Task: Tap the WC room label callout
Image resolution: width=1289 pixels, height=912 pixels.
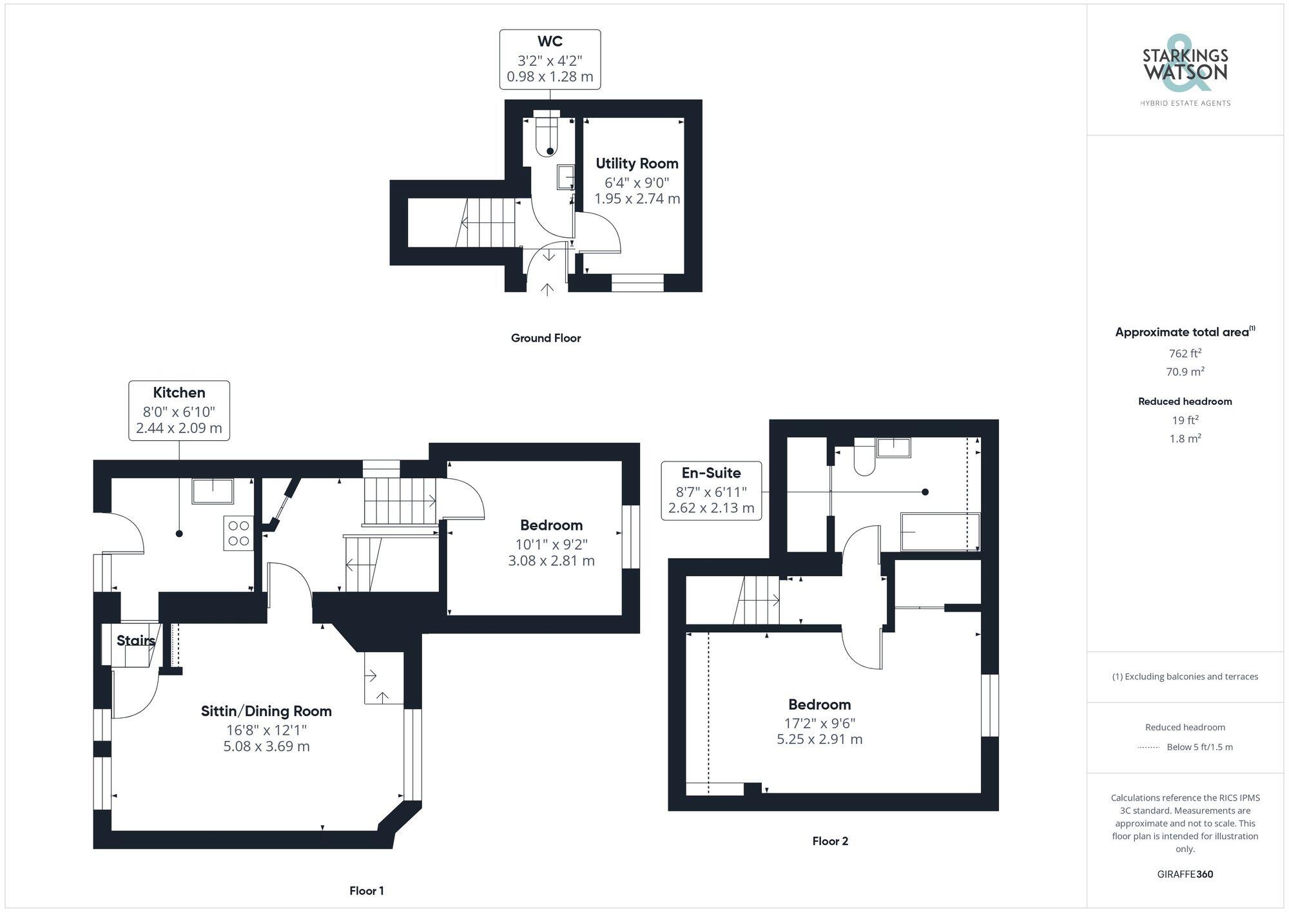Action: click(x=550, y=59)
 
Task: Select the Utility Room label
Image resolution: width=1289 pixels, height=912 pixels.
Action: click(x=637, y=164)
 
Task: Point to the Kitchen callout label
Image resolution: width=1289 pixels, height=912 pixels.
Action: click(x=179, y=411)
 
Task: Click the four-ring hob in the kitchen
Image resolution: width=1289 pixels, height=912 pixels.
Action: click(x=238, y=534)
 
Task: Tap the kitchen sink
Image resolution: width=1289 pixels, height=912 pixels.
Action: click(x=213, y=491)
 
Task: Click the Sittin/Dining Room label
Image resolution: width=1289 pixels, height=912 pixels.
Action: click(x=266, y=712)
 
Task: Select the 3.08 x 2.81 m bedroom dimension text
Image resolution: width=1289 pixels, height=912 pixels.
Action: click(x=551, y=561)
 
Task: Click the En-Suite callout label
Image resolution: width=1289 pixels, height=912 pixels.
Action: click(x=711, y=490)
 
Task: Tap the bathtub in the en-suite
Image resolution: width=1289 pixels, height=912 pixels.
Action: click(x=940, y=532)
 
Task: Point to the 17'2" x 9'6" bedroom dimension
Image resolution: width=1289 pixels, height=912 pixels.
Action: click(x=819, y=723)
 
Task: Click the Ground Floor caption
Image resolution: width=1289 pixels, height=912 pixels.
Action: click(x=546, y=338)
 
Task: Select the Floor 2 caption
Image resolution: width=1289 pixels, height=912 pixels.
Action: click(x=830, y=841)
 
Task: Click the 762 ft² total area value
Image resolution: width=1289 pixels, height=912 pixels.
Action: click(x=1185, y=353)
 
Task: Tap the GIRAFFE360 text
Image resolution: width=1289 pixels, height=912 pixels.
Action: click(x=1185, y=875)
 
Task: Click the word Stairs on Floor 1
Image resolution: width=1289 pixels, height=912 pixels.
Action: click(x=135, y=641)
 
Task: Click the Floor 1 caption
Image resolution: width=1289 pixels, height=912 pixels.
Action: click(x=367, y=891)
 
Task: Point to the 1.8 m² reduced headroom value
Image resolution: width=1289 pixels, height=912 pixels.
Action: click(x=1185, y=438)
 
